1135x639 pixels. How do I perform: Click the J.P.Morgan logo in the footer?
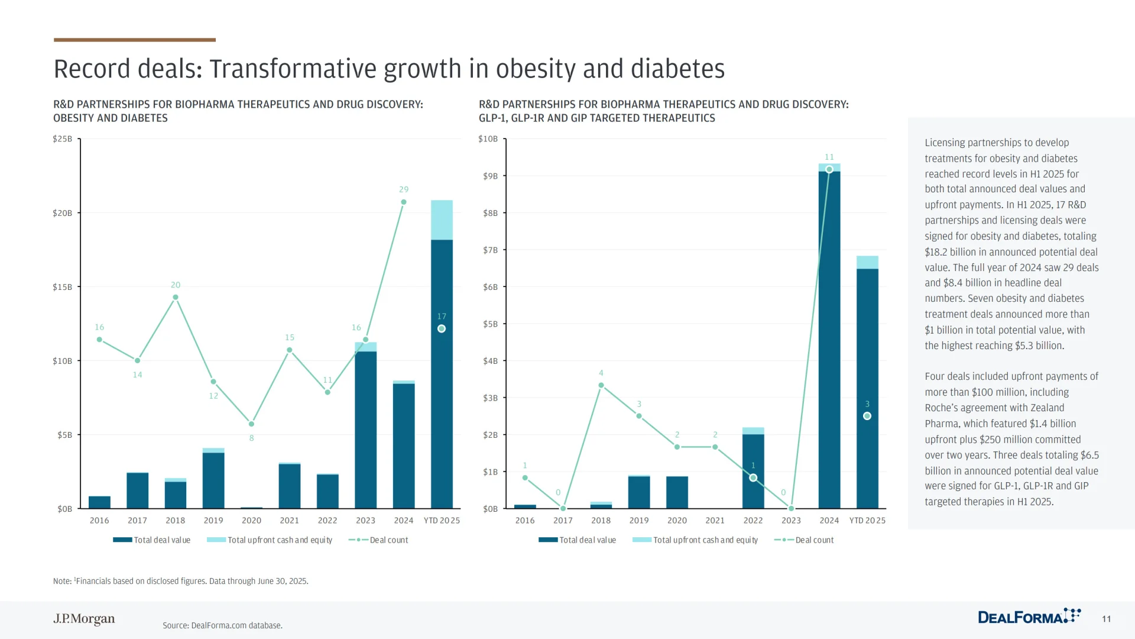click(84, 619)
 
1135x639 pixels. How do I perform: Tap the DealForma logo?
click(1029, 617)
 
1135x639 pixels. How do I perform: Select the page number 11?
click(1106, 619)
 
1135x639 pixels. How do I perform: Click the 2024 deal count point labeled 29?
click(404, 202)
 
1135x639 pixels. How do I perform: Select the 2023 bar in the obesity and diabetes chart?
click(365, 429)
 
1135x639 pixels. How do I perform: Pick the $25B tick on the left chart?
click(62, 139)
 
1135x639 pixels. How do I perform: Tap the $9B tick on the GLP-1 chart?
click(490, 176)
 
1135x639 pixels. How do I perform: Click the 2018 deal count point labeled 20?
click(176, 297)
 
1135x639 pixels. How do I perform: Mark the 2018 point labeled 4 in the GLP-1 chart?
click(601, 385)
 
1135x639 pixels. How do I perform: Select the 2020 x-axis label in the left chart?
click(251, 520)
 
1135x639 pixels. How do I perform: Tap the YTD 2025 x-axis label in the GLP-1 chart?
click(867, 520)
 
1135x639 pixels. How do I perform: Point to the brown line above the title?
click(135, 40)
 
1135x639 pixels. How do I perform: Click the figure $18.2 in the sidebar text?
click(936, 251)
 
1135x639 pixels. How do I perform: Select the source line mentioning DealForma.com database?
click(222, 625)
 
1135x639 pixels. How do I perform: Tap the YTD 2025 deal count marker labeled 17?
click(442, 328)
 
